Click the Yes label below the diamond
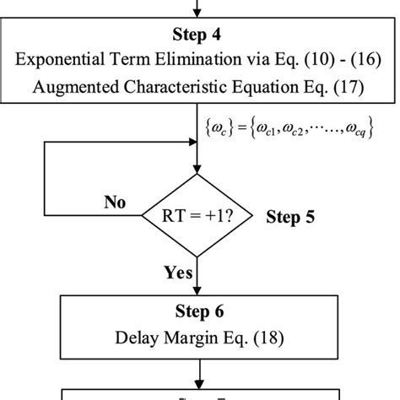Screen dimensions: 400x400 point(179,273)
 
